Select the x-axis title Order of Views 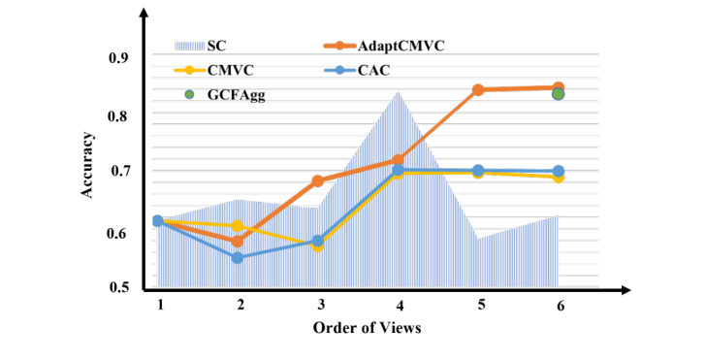[x=367, y=328]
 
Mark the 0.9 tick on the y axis [x=120, y=59]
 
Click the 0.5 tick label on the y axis [x=120, y=288]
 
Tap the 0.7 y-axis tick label [x=120, y=172]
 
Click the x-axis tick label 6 [x=559, y=305]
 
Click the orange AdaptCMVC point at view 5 [x=478, y=90]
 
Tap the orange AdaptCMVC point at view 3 [x=317, y=180]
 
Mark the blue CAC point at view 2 [x=237, y=258]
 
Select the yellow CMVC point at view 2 [x=237, y=226]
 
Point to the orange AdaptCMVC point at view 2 [x=237, y=242]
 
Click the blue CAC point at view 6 [x=559, y=172]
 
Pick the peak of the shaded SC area [x=398, y=92]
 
